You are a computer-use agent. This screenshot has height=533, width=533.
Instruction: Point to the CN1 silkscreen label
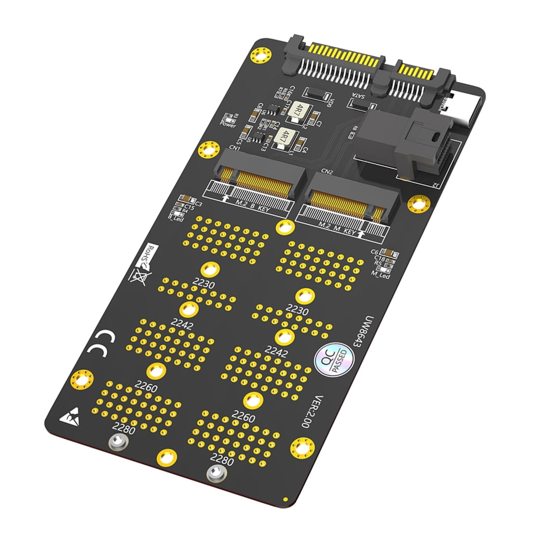[234, 148]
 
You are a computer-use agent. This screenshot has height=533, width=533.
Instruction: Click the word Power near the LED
[228, 125]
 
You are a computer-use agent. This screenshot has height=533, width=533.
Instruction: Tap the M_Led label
[381, 275]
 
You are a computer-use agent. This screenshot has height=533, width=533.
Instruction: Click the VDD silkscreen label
[329, 103]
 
